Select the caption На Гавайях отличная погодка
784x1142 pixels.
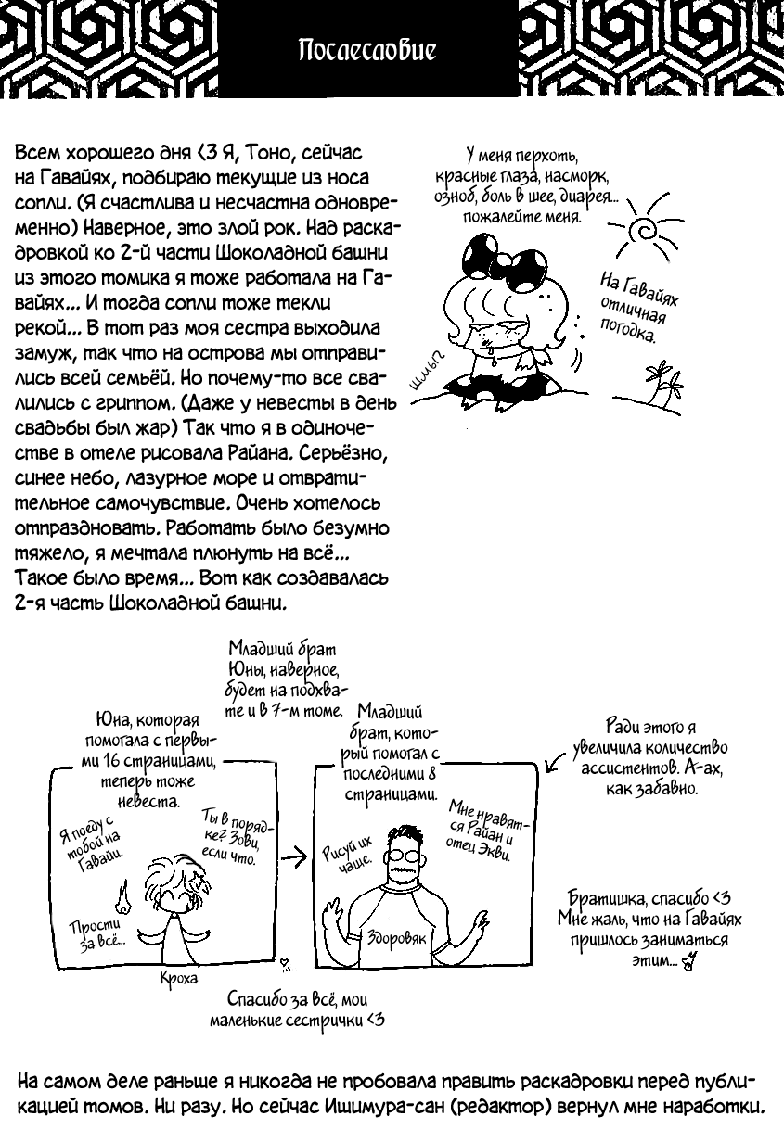click(x=638, y=305)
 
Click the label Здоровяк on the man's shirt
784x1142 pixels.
click(x=396, y=936)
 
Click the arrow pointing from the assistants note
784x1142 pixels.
click(x=556, y=762)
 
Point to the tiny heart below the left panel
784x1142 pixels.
click(x=284, y=964)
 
